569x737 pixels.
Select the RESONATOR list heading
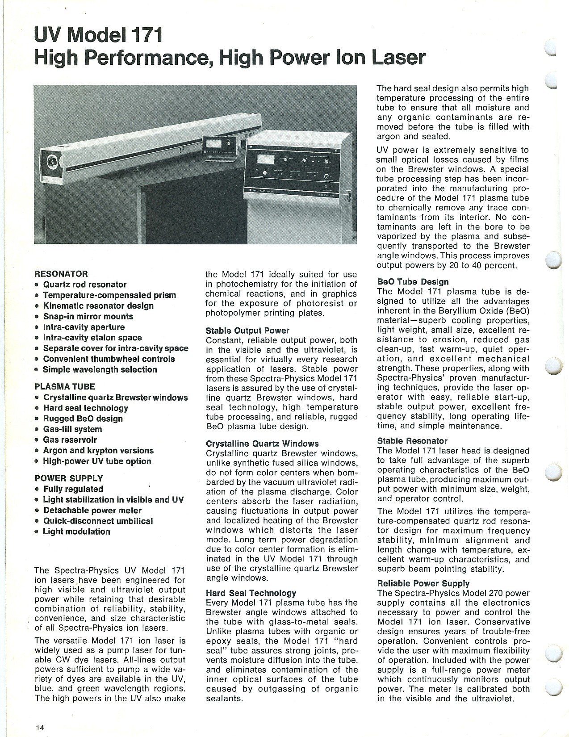pos(61,274)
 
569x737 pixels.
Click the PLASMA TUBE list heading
pos(65,387)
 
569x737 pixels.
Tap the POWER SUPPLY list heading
pos(69,478)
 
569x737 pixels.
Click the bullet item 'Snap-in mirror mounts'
pos(88,316)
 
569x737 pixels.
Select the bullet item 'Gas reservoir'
pos(70,440)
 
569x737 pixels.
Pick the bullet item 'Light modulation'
pos(76,532)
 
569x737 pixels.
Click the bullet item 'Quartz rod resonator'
pos(84,285)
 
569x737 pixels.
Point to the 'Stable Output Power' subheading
pos(247,331)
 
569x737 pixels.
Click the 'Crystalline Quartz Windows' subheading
pos(262,444)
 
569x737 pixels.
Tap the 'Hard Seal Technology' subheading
pos(251,593)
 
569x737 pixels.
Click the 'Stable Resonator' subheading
pos(412,441)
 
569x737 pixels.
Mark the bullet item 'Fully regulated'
pos(73,489)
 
